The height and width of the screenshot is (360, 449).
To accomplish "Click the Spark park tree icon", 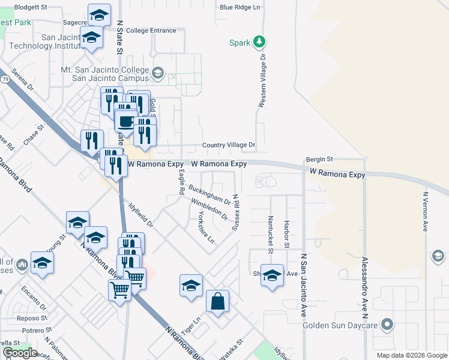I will pos(259,42).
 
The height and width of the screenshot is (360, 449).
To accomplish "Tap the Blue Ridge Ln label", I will pos(240,7).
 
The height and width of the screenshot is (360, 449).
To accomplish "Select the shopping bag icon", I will pos(217,302).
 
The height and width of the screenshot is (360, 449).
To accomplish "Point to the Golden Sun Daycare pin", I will pos(388,326).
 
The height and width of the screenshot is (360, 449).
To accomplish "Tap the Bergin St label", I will pos(319,159).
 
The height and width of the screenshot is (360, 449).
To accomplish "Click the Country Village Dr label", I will pos(229,145).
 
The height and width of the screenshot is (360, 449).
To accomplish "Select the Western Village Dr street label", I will pos(262,80).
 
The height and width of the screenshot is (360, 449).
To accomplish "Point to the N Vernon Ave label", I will pos(425,212).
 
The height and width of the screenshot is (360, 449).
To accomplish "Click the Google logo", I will pos(20,353).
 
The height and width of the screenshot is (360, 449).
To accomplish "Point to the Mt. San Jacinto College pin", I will pos(157,73).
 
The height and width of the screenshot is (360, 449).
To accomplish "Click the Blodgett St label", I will pos(30,7).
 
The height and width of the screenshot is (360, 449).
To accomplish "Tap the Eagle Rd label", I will pos(181,182).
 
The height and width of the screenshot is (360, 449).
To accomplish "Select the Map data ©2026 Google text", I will pos(412,355).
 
